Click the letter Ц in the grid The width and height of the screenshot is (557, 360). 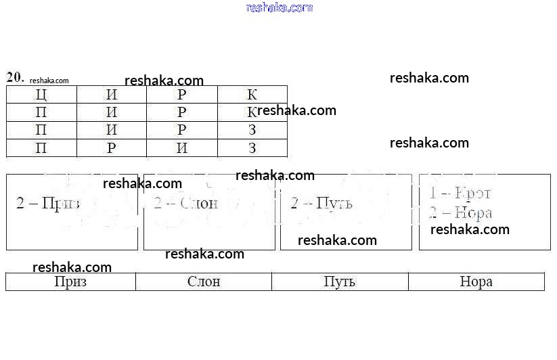pos(41,95)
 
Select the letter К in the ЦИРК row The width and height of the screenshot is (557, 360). pos(252,95)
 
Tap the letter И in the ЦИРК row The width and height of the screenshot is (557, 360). pos(112,95)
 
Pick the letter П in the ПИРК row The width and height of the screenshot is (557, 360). pos(41,112)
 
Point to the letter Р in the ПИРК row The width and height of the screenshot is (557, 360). pos(182,112)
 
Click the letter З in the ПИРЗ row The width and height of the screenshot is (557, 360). pos(252,130)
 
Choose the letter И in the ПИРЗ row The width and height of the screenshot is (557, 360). pos(112,130)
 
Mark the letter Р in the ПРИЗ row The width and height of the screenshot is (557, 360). pos(112,148)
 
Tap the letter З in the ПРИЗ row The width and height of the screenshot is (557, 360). pos(252,148)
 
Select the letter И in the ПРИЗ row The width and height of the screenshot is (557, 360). pos(182,148)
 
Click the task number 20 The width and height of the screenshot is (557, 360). pos(15,76)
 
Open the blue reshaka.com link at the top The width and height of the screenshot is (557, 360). pos(280,7)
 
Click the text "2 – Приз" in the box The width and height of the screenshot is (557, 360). pos(47,203)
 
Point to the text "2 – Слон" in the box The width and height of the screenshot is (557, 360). pos(185,203)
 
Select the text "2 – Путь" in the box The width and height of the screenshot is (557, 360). pos(321,203)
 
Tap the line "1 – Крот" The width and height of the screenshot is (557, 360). pos(460,193)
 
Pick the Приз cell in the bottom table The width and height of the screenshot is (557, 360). pos(70,282)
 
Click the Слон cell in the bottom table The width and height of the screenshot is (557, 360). pos(204,282)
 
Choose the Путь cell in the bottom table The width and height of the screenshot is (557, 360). pos(340,282)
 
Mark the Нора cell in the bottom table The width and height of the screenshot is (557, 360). pos(476,282)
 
